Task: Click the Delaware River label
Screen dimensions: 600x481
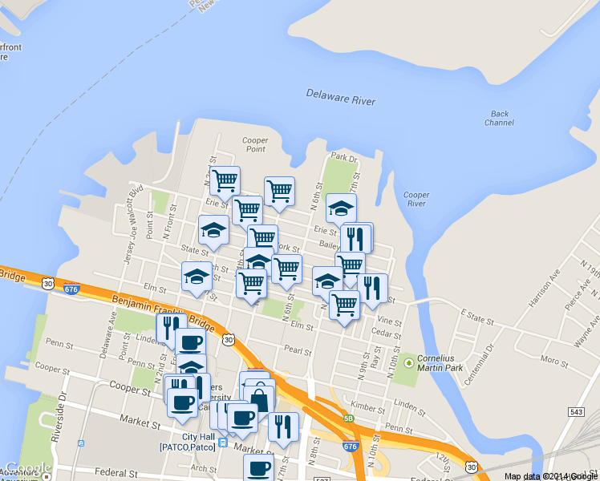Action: tap(340, 98)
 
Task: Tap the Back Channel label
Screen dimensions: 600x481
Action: tap(499, 119)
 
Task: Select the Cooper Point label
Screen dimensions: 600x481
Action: tap(255, 144)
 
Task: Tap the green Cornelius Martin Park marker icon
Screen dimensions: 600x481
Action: tap(409, 363)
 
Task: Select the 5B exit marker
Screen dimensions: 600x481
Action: tap(348, 418)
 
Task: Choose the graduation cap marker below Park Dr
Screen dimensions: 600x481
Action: tap(341, 208)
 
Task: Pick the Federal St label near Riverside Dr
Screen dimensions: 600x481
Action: tap(112, 472)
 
